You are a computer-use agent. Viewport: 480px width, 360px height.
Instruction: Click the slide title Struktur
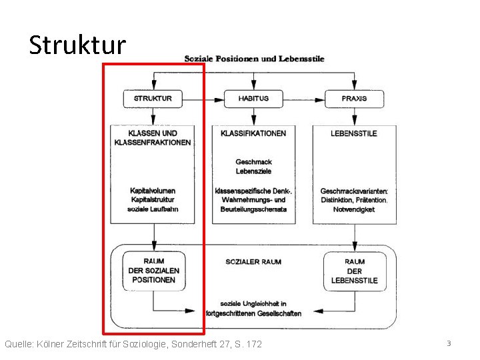77,45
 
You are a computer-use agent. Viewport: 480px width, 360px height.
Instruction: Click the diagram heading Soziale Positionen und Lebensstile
254,59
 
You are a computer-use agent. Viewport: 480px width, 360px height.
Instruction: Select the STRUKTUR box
153,99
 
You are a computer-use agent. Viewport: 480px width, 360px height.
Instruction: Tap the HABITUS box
253,99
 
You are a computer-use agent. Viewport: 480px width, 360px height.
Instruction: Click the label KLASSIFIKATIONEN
253,133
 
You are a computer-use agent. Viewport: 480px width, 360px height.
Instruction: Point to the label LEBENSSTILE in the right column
353,133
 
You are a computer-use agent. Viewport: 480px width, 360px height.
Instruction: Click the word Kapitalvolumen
153,191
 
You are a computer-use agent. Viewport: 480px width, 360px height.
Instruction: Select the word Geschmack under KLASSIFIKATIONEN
253,162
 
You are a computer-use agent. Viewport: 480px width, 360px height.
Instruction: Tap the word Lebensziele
253,171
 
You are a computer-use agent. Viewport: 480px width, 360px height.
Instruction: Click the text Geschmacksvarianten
357,191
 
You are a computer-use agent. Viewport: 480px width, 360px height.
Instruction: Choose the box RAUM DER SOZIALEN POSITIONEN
153,271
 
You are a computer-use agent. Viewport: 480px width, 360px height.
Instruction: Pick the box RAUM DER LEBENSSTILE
354,271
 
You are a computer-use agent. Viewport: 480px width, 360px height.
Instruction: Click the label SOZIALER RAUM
253,262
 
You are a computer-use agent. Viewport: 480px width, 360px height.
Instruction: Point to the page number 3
449,343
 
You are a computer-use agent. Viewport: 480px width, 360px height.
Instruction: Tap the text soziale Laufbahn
153,209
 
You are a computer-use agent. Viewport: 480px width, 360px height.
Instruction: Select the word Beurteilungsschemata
253,209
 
